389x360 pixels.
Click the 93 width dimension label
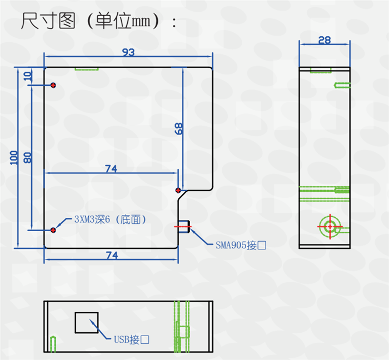tap(128, 52)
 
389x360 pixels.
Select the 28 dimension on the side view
tap(325, 40)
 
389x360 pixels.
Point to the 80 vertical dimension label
tap(27, 157)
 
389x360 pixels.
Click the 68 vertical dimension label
tap(179, 128)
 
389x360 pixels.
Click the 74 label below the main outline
tap(111, 255)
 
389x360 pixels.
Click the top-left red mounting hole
tap(53, 85)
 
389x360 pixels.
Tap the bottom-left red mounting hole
tap(53, 229)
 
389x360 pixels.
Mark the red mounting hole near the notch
tap(178, 190)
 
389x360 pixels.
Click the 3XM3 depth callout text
tap(110, 219)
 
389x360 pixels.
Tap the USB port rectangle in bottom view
tap(86, 322)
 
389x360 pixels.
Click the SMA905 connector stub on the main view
tap(184, 226)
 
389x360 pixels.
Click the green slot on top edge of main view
tap(87, 69)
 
